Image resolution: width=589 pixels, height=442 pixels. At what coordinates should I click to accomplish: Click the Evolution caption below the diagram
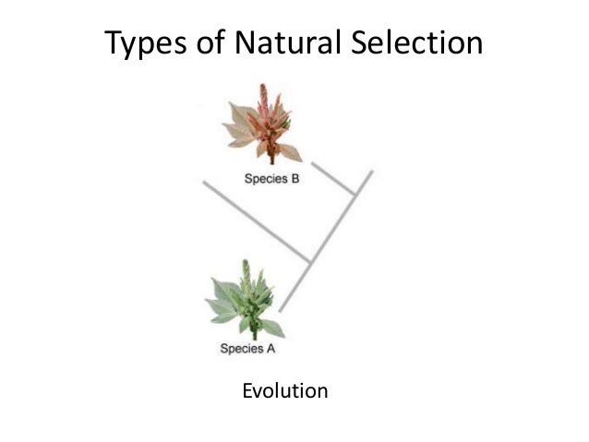(284, 391)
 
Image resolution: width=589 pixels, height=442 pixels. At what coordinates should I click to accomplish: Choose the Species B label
(271, 179)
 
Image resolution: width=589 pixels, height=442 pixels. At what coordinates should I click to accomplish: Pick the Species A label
(247, 349)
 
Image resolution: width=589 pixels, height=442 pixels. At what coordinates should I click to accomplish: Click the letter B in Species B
(294, 179)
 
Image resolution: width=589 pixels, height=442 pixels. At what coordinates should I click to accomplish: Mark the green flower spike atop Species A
(246, 272)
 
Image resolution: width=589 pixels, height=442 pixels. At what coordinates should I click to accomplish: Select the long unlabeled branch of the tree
(257, 221)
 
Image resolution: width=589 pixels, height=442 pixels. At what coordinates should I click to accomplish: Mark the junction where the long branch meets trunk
(308, 258)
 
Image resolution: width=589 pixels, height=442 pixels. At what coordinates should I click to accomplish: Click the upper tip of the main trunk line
(371, 172)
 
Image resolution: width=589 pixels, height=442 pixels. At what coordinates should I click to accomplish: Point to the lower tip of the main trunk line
(280, 309)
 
